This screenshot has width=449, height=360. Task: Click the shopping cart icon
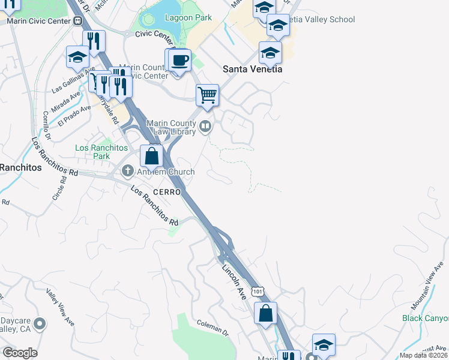click(x=207, y=95)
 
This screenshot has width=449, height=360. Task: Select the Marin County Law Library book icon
click(x=205, y=126)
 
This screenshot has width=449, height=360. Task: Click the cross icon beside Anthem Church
click(x=127, y=172)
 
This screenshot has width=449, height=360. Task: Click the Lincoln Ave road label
click(x=235, y=282)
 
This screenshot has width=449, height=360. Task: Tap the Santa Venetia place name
click(x=252, y=69)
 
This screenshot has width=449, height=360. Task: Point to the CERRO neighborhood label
click(x=151, y=192)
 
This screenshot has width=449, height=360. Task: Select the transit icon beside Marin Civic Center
click(x=78, y=20)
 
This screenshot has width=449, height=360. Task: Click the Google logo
click(x=20, y=353)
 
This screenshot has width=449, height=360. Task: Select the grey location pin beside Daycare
click(x=40, y=324)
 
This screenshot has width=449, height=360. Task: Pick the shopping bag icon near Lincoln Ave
click(x=265, y=313)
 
